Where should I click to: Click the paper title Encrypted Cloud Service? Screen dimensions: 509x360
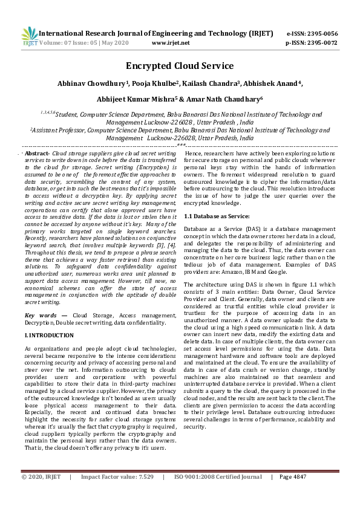click(x=180, y=66)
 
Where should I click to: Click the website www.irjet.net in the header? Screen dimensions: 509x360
click(x=171, y=43)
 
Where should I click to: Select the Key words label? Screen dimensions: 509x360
click(x=41, y=316)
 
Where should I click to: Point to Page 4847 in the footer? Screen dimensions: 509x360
click(x=293, y=494)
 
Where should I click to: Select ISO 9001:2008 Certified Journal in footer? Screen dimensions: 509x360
click(x=218, y=494)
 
